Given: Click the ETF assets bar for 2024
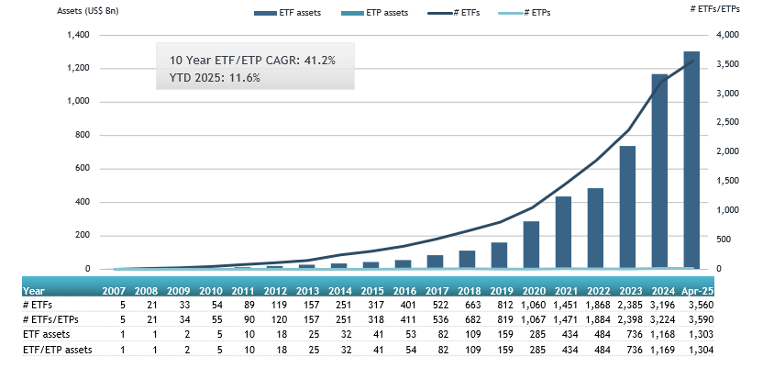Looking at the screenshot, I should pos(659,172).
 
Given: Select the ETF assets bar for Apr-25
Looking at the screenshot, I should pos(691,161).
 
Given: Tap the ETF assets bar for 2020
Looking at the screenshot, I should pos(531,245).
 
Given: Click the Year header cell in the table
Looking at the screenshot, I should pos(34,290).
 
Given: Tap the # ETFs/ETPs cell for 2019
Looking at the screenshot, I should pos(499,319).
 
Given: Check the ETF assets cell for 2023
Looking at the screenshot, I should pos(627,334).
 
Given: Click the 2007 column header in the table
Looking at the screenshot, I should pos(114,290).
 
